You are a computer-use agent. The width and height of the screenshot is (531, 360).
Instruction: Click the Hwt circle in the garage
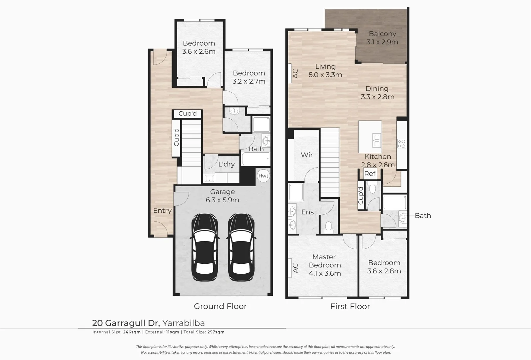pos(264,176)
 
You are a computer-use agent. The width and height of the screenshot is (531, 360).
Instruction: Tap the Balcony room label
pos(382,34)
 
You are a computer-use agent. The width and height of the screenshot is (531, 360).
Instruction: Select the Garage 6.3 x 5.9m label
pos(222,196)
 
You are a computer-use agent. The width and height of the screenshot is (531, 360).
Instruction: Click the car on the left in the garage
pos(205,247)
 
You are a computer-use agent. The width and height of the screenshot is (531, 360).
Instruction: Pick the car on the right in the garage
pos(241,247)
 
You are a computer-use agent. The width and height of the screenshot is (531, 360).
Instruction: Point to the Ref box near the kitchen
pos(370,174)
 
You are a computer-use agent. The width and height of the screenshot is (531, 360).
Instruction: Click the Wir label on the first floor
pos(307,155)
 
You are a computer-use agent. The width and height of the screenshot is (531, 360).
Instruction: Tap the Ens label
pos(307,212)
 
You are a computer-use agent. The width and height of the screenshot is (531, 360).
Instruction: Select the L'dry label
pos(227,164)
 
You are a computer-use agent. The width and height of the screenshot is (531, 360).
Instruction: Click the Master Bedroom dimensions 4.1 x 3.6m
pos(325,273)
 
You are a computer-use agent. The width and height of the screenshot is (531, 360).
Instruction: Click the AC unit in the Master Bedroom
pos(290,268)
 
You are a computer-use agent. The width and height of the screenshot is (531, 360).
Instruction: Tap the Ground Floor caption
pos(220,306)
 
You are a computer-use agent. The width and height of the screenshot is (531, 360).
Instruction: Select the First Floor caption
pos(350,306)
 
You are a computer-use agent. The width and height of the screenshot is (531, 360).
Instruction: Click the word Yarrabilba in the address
pos(184,323)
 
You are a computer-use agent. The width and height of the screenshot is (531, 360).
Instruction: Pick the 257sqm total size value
pos(216,332)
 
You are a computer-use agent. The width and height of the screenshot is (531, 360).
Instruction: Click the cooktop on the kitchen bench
pos(401,143)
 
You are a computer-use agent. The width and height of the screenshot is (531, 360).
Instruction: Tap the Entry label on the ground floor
pos(162,211)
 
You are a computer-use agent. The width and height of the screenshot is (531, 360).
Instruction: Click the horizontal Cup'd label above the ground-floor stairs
pos(188,113)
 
